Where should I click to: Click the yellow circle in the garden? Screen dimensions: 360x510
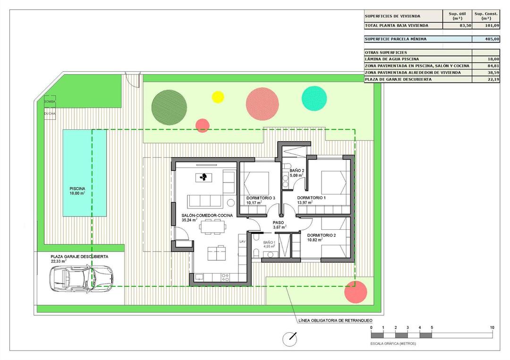point(218,97)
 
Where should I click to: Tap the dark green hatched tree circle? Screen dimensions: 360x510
point(169,107)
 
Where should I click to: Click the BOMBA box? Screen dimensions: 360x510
point(50,102)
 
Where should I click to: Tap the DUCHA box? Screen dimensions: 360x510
point(50,114)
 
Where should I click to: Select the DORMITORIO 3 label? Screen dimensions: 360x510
point(261,198)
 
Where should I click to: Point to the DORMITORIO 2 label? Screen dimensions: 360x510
point(322,235)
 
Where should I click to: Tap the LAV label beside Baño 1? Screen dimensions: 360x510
point(243,241)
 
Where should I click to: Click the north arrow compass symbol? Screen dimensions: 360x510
point(289,339)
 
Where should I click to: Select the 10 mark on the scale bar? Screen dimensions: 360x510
point(492,327)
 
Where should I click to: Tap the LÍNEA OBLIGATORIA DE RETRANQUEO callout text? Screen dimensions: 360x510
point(335,320)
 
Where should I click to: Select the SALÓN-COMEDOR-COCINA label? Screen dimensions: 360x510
point(207,215)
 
